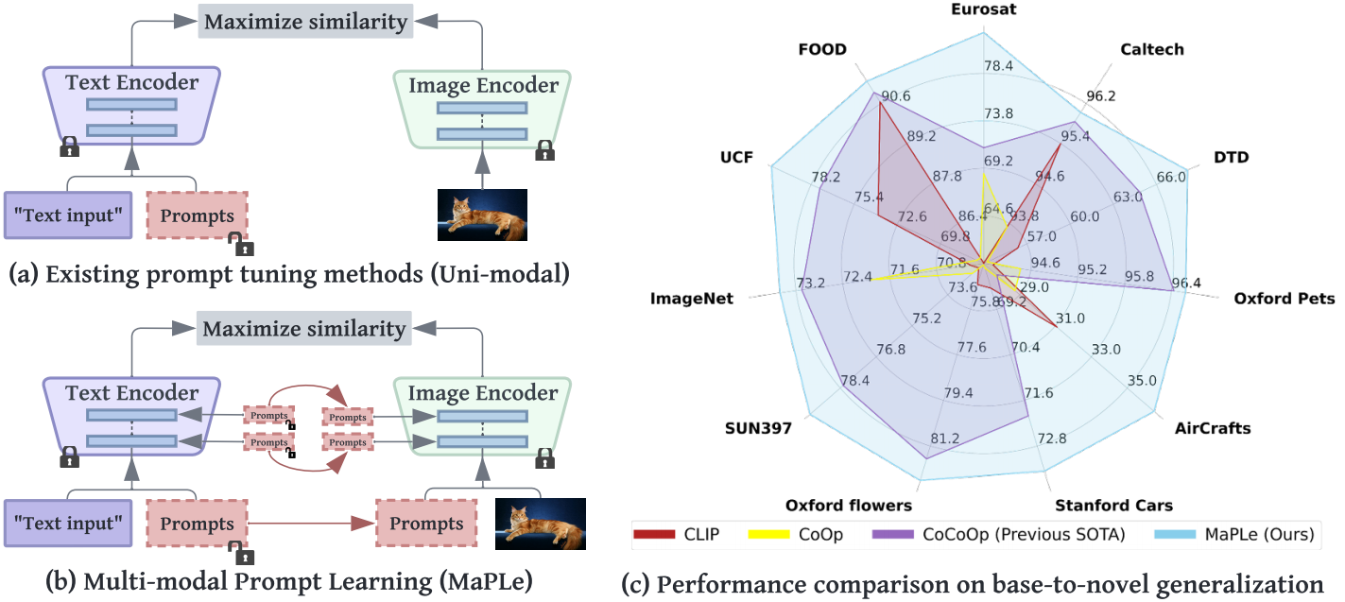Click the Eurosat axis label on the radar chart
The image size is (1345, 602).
coord(984,9)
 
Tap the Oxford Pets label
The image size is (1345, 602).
coord(1284,299)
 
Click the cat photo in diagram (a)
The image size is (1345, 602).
coord(481,215)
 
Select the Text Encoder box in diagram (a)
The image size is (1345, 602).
coord(131,104)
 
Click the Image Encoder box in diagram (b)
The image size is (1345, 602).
coord(483,416)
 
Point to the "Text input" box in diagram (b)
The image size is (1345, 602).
coord(68,524)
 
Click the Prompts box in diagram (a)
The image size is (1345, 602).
coord(197,216)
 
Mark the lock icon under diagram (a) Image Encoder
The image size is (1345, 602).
coord(544,150)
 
